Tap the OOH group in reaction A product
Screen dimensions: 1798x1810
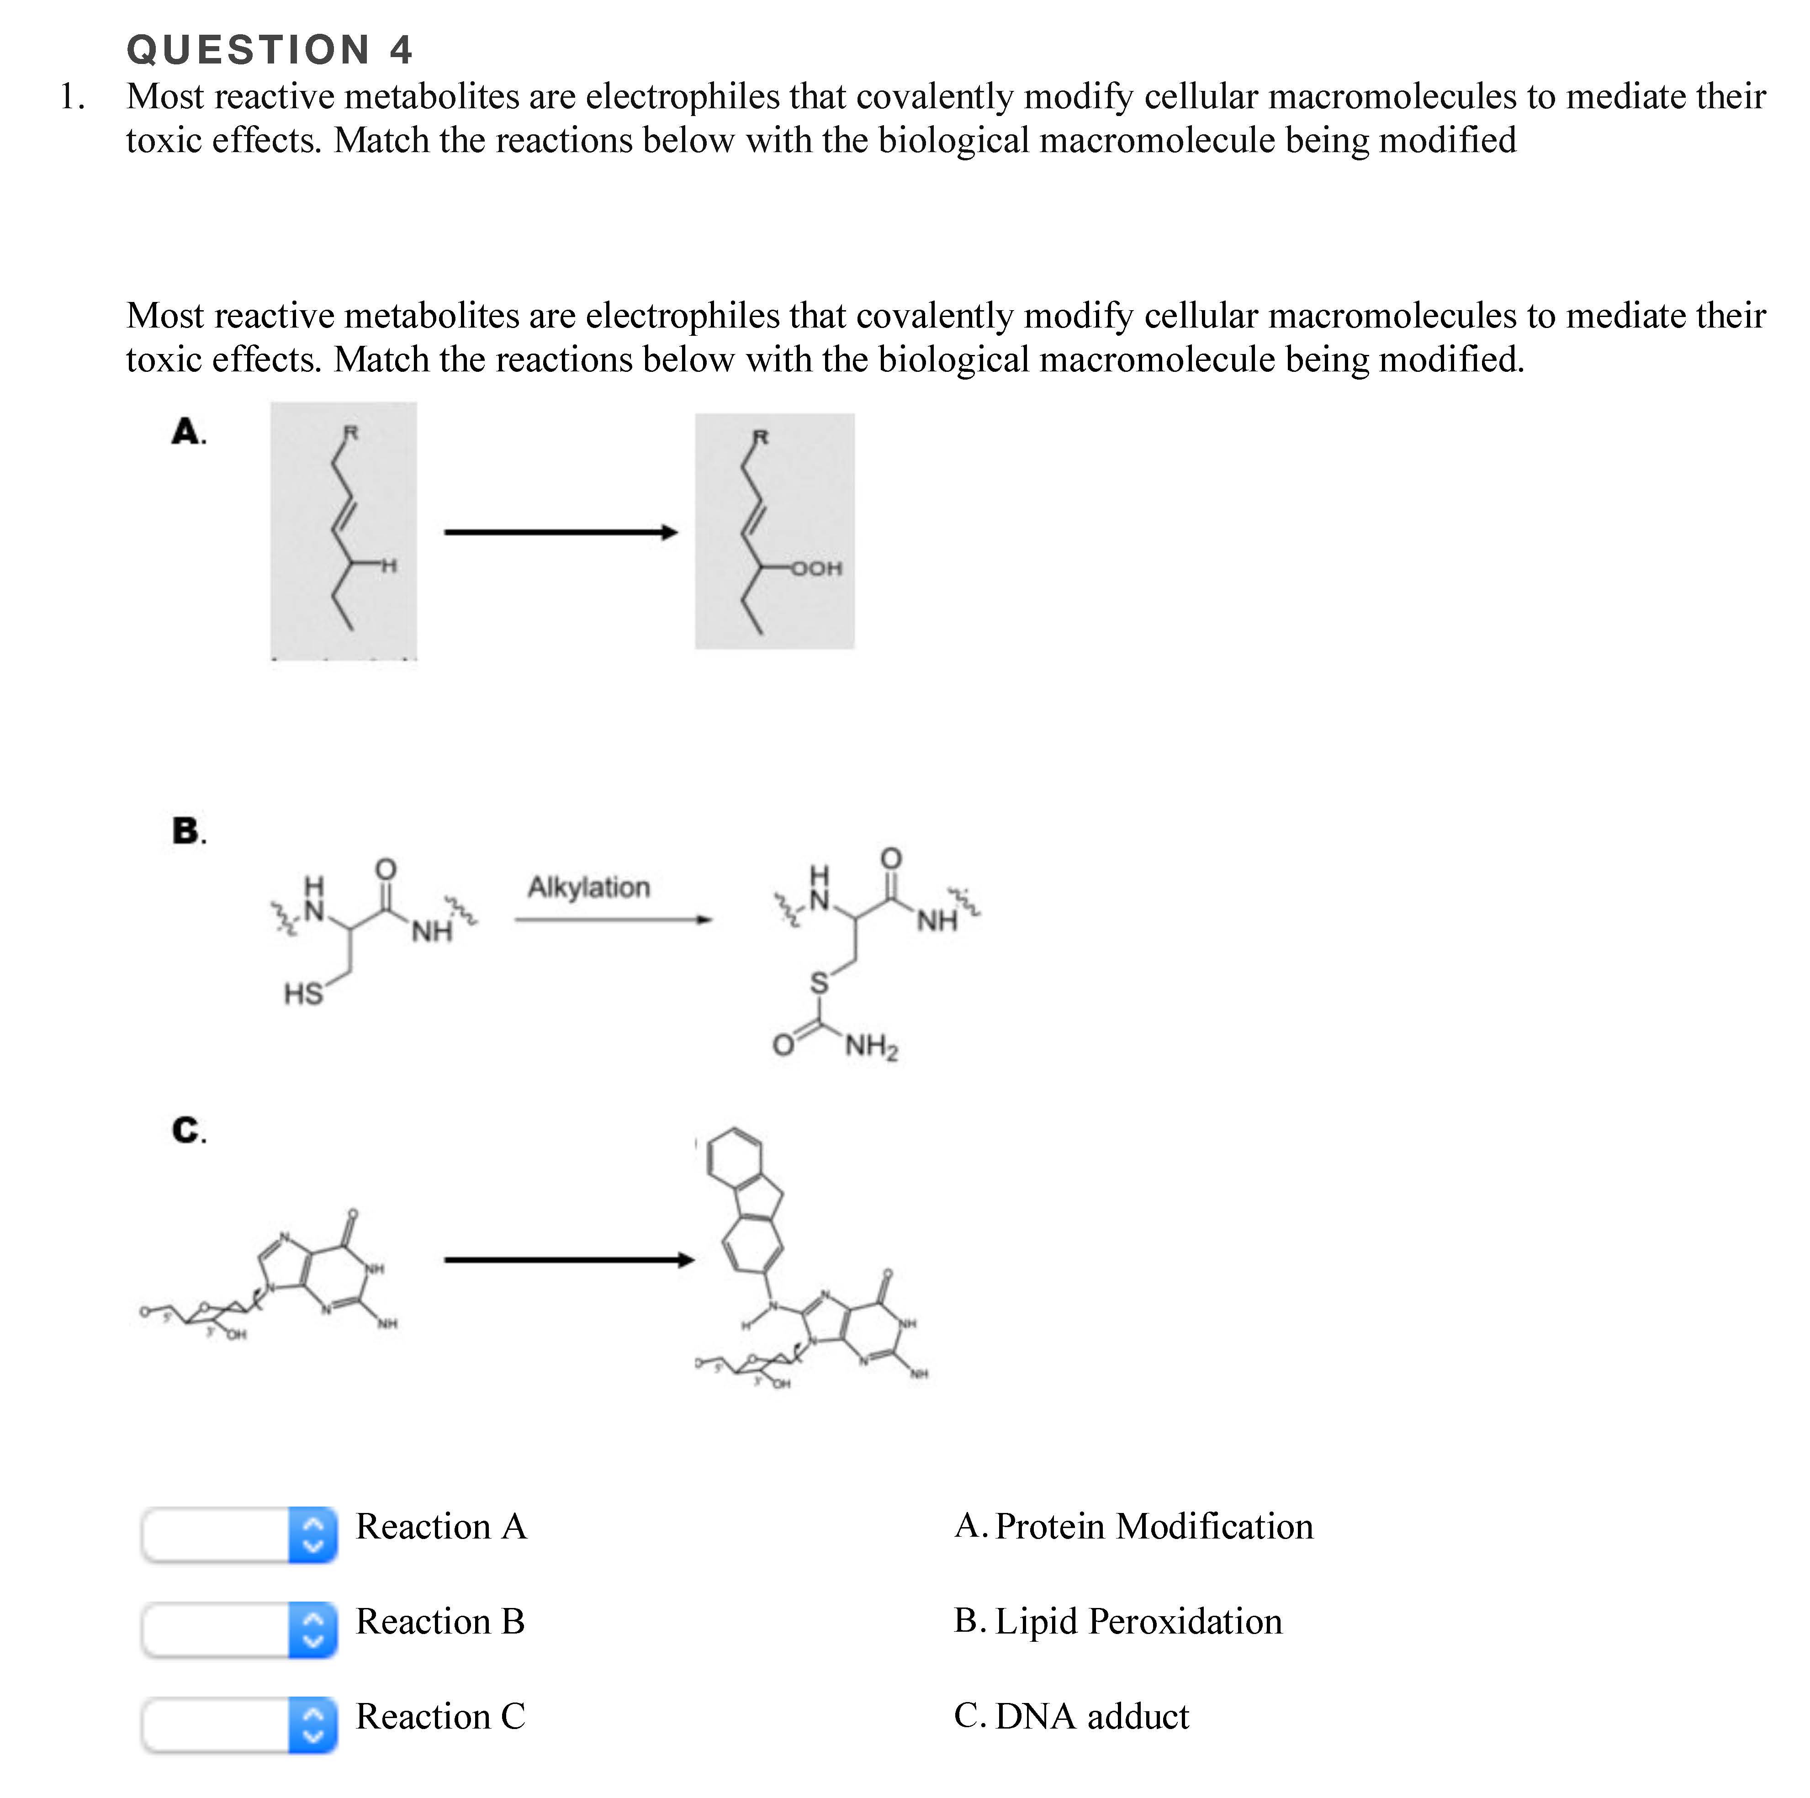pyautogui.click(x=817, y=568)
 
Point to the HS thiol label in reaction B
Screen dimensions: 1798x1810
pyautogui.click(x=303, y=993)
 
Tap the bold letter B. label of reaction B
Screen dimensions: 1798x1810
pyautogui.click(x=188, y=830)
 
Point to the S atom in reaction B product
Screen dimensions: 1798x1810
pyautogui.click(x=820, y=983)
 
